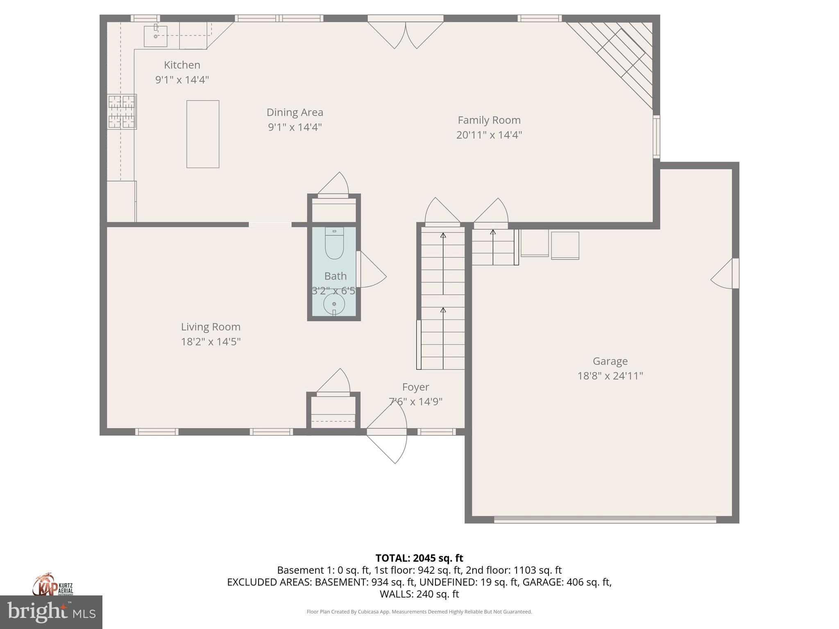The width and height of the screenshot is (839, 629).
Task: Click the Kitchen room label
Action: [x=182, y=65]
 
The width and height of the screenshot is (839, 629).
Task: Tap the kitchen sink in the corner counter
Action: [x=156, y=36]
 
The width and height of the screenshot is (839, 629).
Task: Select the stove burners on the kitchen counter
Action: [x=122, y=111]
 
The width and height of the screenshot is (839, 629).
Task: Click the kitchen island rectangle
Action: [x=203, y=134]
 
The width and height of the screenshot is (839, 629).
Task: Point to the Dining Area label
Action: [x=295, y=112]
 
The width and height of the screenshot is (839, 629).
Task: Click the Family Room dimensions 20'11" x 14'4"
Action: [x=489, y=135]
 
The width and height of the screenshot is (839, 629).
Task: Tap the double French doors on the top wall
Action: [x=406, y=34]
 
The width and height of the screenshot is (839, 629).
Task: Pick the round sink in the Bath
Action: [x=334, y=304]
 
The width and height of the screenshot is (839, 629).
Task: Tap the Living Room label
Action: [x=211, y=327]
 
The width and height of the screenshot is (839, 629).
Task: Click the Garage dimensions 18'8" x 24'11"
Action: [x=610, y=376]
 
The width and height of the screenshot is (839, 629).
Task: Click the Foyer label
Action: [x=415, y=387]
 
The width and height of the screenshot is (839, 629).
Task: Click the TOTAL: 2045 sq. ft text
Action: [x=419, y=558]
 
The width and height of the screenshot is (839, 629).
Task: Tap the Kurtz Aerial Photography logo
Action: [x=52, y=585]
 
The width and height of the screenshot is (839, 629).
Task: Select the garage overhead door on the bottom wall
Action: [x=605, y=520]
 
